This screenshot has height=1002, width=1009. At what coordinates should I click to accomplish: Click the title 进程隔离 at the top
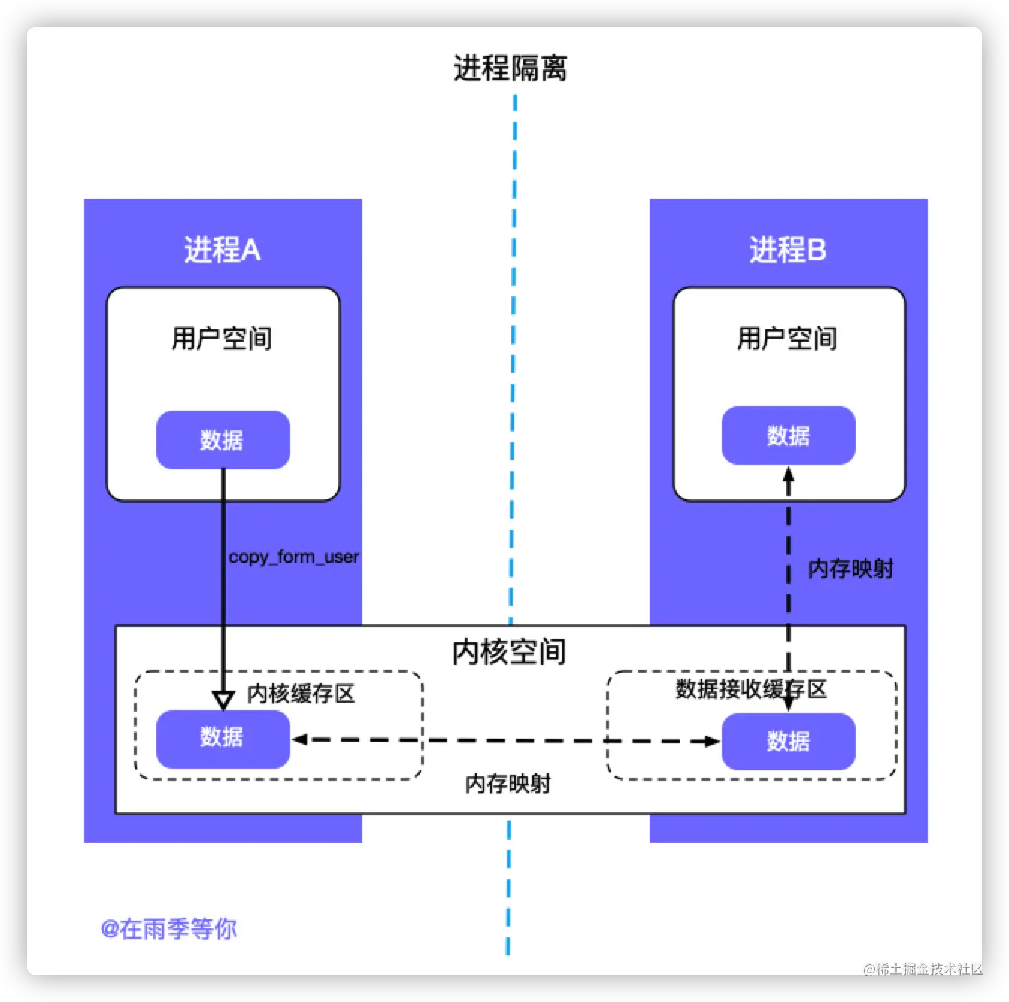510,68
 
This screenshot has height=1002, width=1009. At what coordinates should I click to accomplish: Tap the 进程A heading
223,250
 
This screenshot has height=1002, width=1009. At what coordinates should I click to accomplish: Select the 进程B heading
787,250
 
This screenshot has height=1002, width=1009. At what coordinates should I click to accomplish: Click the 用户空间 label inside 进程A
222,339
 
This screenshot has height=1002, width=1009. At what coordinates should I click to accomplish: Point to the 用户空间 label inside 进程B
787,339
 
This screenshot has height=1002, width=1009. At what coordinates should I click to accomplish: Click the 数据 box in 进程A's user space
223,440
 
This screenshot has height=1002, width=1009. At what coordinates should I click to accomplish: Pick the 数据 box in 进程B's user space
788,436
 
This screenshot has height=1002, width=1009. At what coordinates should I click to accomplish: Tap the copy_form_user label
294,557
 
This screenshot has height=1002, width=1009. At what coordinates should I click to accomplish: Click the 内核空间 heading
509,651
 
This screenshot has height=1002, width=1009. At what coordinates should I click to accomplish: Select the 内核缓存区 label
301,693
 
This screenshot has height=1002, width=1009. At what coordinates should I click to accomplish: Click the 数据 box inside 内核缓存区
223,738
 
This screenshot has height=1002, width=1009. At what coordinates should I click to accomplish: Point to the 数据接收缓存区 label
750,688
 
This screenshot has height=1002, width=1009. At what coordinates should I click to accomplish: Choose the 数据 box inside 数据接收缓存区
788,742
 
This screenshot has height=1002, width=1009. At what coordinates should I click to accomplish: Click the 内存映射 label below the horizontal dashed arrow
508,784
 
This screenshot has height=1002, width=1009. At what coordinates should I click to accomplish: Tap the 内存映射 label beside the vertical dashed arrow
850,569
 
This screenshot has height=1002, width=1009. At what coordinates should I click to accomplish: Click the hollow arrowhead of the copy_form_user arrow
223,700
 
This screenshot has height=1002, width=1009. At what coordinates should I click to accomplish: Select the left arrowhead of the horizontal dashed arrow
299,739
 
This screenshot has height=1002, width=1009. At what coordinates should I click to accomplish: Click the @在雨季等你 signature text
168,929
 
